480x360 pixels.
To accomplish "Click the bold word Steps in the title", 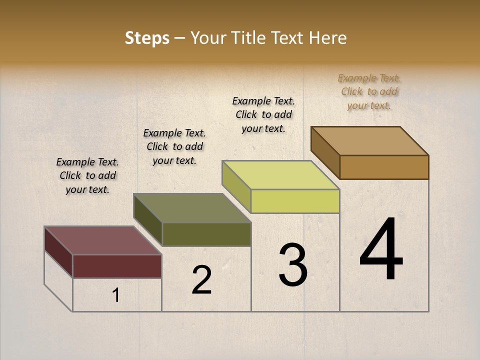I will click(x=147, y=38).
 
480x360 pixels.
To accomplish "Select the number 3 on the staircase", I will click(x=292, y=265).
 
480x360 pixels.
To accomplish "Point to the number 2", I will click(x=201, y=280).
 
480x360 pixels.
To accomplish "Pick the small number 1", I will click(x=116, y=295).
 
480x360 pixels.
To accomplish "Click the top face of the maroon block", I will click(x=103, y=240).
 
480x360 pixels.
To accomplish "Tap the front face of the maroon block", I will click(x=117, y=266).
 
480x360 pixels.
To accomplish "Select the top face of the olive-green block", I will click(x=192, y=208).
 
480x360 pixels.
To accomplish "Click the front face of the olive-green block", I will click(x=206, y=234).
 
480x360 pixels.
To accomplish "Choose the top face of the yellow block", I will click(x=280, y=175).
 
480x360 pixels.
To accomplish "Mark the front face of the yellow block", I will click(x=295, y=201).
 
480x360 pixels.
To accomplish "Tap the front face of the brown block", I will click(x=384, y=167).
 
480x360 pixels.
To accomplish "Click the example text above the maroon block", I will click(x=87, y=175).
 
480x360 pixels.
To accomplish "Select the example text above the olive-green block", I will click(x=174, y=146).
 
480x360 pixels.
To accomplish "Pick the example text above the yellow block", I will click(x=263, y=114).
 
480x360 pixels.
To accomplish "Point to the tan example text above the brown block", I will click(x=369, y=91).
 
